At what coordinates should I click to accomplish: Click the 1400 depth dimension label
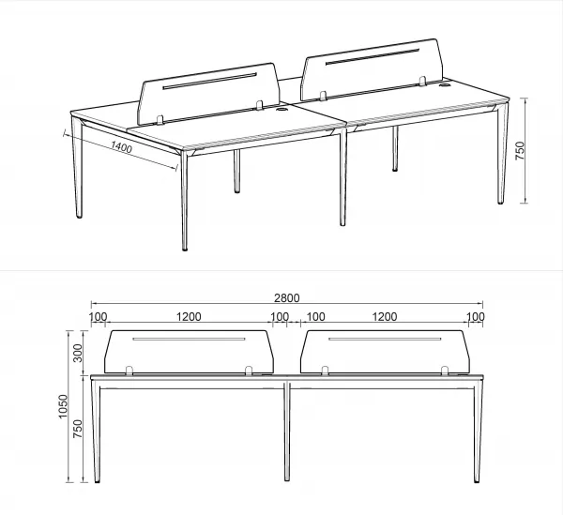point(121,147)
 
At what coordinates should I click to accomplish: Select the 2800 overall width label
point(286,298)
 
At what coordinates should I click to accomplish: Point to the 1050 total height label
point(63,406)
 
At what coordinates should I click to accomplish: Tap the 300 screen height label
point(78,353)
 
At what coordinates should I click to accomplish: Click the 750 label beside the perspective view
point(520,151)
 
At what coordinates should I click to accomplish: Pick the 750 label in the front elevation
point(78,429)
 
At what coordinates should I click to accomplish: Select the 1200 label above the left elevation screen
point(189,317)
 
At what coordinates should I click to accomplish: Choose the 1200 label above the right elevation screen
point(385,317)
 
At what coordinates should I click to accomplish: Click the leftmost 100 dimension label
point(98,317)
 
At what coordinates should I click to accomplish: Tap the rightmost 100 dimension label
point(476,317)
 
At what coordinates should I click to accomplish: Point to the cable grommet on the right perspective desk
point(445,85)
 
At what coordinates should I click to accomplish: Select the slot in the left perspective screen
point(209,81)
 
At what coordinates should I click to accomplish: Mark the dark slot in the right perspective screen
point(373,56)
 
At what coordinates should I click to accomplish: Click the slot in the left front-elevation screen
point(189,339)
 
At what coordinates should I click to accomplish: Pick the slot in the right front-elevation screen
point(385,339)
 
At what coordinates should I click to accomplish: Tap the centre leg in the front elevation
point(287,431)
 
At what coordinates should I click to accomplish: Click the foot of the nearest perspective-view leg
point(185,249)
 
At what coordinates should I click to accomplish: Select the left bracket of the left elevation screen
point(129,371)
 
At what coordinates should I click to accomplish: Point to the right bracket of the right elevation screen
point(445,371)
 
